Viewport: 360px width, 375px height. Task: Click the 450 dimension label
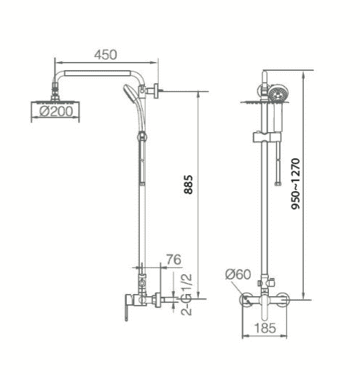coord(106,55)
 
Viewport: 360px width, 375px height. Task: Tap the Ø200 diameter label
coord(56,112)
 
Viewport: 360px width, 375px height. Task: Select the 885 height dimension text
coord(188,185)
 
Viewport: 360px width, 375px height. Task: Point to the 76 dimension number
coord(173,260)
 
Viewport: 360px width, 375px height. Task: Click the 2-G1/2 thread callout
coord(187,295)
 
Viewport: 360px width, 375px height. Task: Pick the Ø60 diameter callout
coord(238,274)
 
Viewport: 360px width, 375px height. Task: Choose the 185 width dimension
coord(265,328)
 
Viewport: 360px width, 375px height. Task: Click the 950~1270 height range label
coord(296,184)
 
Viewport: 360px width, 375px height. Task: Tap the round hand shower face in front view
coord(278,94)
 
